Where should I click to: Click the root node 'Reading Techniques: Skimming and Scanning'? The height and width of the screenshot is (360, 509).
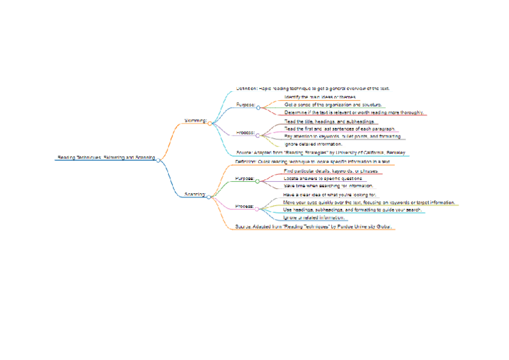click(x=106, y=158)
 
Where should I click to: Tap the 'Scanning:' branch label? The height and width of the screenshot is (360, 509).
click(x=194, y=194)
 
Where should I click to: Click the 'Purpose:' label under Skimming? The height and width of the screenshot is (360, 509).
click(x=245, y=104)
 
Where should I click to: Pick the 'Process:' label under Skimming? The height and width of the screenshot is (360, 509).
click(x=245, y=133)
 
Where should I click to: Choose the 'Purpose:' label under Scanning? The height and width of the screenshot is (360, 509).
click(x=244, y=179)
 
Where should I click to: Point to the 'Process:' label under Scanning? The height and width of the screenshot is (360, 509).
click(x=244, y=206)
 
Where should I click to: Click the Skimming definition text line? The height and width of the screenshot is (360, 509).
click(x=313, y=89)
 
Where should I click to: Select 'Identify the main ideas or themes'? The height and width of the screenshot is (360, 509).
click(x=321, y=97)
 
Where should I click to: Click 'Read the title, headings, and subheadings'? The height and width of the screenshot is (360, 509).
click(x=329, y=121)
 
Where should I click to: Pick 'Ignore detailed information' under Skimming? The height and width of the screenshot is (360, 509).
click(x=313, y=144)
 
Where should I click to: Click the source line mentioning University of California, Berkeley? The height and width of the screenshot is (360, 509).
click(x=321, y=153)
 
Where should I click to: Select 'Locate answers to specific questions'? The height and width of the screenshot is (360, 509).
click(x=323, y=179)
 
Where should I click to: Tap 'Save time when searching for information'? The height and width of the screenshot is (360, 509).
click(x=328, y=186)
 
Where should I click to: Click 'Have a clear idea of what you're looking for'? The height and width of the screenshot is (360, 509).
click(x=330, y=195)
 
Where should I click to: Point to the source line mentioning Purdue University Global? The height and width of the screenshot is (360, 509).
click(x=313, y=227)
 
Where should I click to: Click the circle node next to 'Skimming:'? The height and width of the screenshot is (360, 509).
click(x=209, y=122)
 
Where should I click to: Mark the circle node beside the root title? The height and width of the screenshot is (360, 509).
click(x=158, y=160)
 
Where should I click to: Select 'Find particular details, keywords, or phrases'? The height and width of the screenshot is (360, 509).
click(x=330, y=171)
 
